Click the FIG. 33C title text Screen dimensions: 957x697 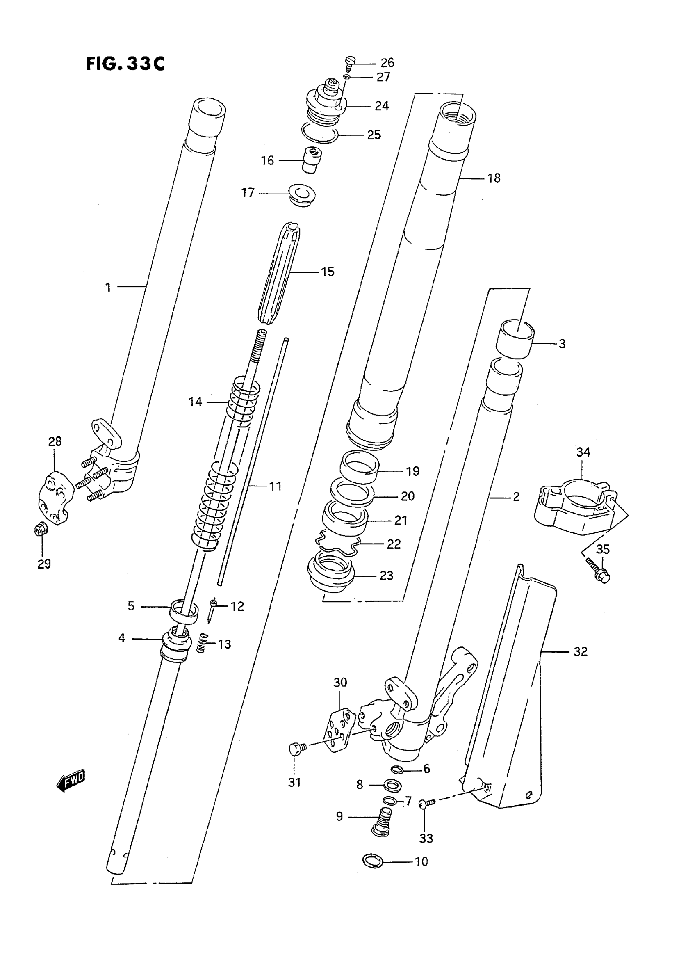click(125, 64)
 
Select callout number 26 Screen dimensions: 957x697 click(387, 63)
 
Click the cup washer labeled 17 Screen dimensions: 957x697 click(302, 194)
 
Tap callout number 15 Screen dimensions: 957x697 click(328, 272)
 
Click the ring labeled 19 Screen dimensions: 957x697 click(359, 465)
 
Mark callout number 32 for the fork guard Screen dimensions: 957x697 click(580, 651)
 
